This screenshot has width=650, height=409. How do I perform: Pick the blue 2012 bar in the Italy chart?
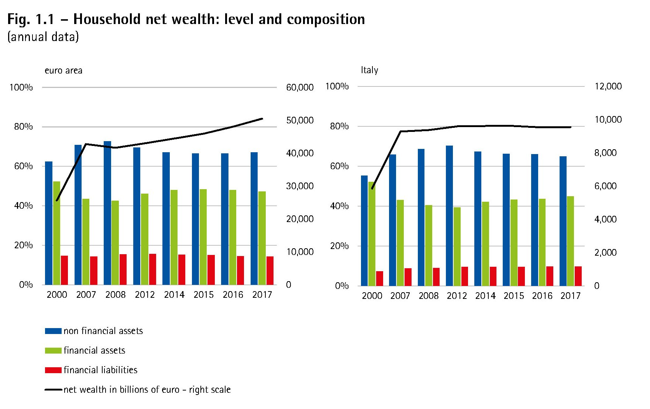click(x=449, y=216)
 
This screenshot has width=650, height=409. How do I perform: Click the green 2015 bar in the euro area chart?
click(x=203, y=237)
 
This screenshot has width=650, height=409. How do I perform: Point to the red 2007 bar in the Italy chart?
click(x=408, y=277)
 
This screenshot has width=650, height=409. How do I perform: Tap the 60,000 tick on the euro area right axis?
click(x=300, y=88)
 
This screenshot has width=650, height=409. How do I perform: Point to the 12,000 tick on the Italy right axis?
click(x=608, y=86)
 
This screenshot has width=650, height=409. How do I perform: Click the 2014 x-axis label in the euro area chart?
click(x=174, y=294)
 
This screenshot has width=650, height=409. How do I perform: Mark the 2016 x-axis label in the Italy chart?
click(x=542, y=296)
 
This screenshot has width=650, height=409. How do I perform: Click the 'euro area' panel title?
click(x=63, y=71)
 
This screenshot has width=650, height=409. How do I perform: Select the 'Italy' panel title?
click(x=369, y=70)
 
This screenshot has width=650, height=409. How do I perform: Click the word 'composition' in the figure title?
click(x=326, y=19)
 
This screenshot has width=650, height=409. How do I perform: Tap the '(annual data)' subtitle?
click(x=43, y=37)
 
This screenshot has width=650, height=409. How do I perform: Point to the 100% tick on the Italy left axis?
click(x=337, y=86)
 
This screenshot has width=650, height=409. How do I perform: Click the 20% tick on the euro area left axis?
click(x=24, y=245)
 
